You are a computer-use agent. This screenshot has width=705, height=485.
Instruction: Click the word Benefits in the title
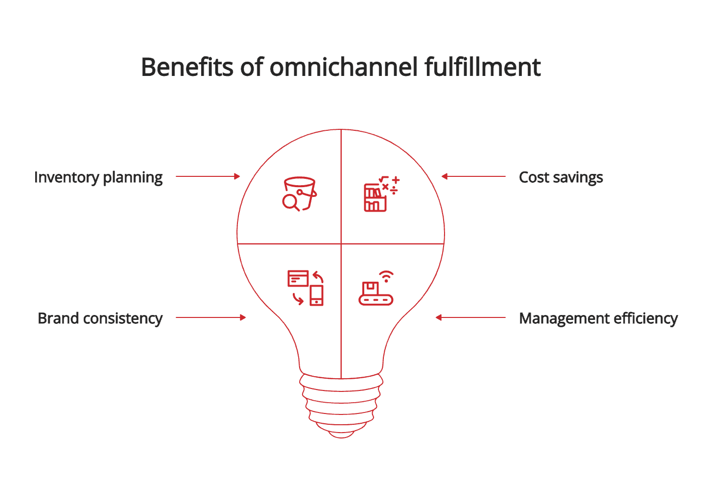187,67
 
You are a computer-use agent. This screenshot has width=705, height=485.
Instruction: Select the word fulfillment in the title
482,67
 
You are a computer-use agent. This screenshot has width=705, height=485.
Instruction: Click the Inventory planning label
98,177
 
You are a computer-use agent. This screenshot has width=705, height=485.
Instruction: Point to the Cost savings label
561,177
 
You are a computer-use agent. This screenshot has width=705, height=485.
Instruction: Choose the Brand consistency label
100,318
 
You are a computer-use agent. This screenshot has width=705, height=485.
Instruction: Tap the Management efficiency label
598,318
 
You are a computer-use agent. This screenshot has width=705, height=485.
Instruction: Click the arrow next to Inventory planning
208,176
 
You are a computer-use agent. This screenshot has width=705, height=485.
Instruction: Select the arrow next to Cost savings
473,176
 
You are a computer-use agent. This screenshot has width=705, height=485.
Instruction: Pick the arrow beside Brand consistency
211,317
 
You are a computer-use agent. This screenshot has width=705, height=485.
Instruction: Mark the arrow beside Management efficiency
470,317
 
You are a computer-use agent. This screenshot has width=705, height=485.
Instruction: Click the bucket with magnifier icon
300,194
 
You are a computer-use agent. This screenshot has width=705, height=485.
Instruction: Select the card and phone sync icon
305,288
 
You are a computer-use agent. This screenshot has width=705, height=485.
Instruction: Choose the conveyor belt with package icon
376,293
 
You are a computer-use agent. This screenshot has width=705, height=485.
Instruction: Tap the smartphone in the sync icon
317,295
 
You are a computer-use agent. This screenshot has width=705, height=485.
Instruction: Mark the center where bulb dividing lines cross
341,243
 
